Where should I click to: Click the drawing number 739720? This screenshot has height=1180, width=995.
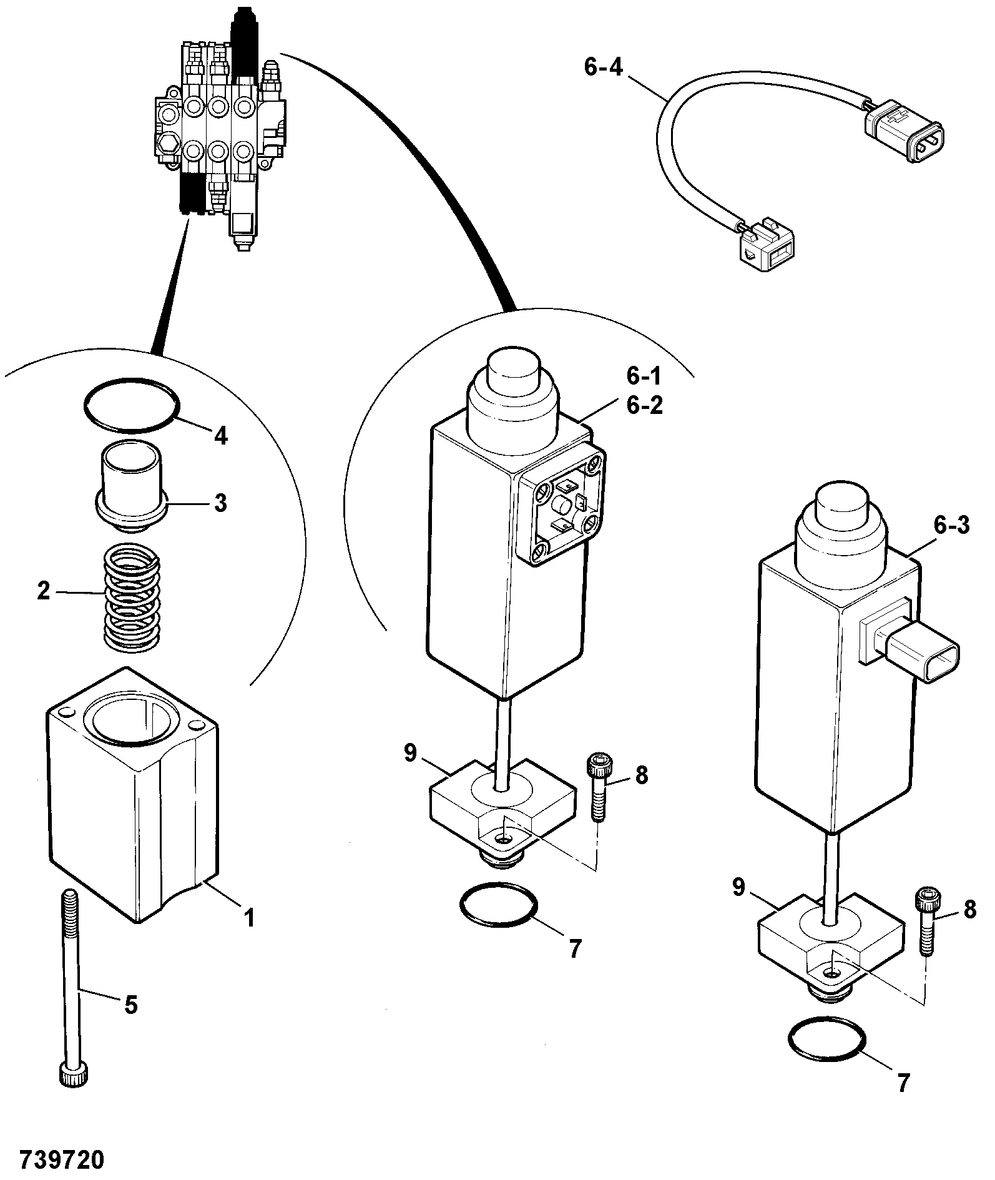[x=62, y=1159]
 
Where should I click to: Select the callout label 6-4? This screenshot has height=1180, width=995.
[x=603, y=66]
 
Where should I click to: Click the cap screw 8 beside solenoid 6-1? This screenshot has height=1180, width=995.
[x=599, y=787]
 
